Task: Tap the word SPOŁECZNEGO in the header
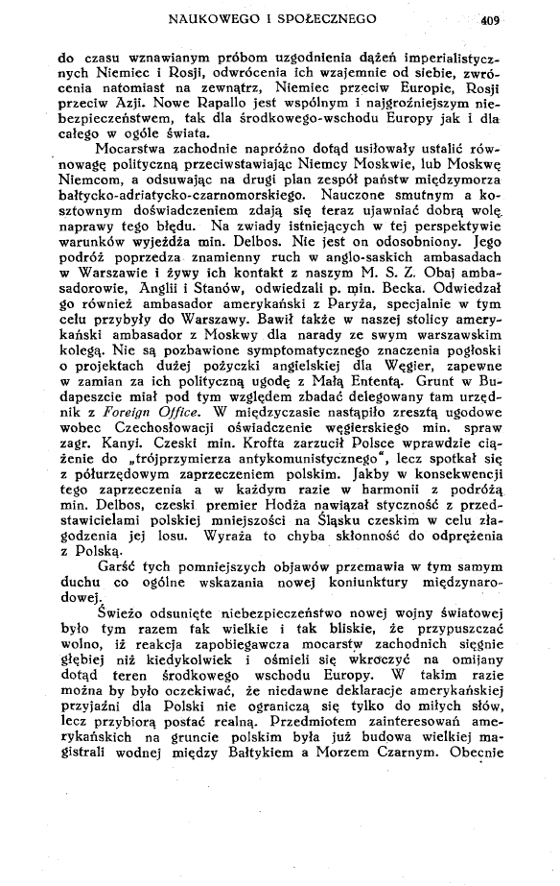[x=337, y=16]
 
